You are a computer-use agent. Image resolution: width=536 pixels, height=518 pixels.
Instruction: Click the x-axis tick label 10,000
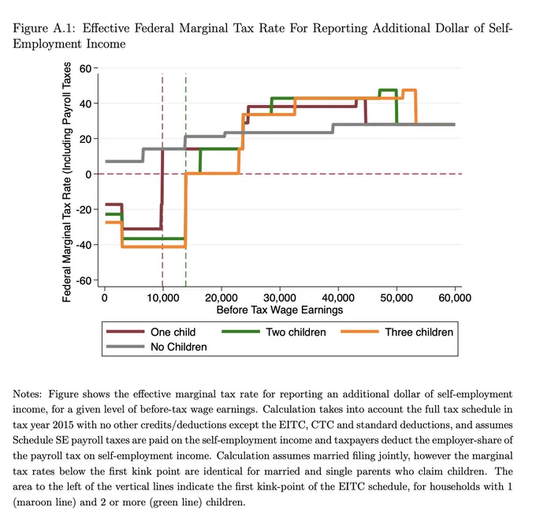162,298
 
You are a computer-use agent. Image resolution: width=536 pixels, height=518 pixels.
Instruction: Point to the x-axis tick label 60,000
455,298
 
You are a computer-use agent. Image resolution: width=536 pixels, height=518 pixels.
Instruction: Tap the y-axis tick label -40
84,245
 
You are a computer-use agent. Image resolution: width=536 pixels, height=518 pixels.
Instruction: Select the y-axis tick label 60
85,69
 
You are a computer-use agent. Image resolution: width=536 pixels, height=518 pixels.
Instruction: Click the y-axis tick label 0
88,175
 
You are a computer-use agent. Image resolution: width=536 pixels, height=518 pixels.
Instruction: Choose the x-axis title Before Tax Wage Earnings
280,310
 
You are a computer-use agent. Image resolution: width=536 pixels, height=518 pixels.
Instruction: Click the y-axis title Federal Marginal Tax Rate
67,182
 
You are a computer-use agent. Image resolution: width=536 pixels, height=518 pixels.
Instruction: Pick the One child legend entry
151,332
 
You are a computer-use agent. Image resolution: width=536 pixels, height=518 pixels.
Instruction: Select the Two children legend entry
274,332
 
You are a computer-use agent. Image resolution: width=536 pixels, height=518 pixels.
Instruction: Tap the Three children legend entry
396,332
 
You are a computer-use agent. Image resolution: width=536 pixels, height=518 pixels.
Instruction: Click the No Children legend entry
157,347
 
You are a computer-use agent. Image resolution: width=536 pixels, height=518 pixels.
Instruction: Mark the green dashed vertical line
185,180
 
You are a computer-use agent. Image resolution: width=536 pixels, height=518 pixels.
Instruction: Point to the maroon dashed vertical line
162,180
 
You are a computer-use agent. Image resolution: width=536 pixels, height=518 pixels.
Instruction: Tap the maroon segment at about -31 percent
142,228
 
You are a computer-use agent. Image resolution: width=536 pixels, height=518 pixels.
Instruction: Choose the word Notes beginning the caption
27,394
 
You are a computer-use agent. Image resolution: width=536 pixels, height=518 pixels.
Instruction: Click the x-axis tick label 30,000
280,298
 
